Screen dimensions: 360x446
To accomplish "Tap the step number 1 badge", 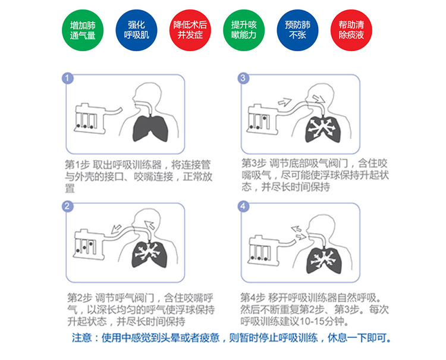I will (69, 79).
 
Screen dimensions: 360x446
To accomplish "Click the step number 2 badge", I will (69, 206).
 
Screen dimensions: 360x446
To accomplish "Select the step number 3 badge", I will (243, 79).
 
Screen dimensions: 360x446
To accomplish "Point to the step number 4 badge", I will (243, 206).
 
